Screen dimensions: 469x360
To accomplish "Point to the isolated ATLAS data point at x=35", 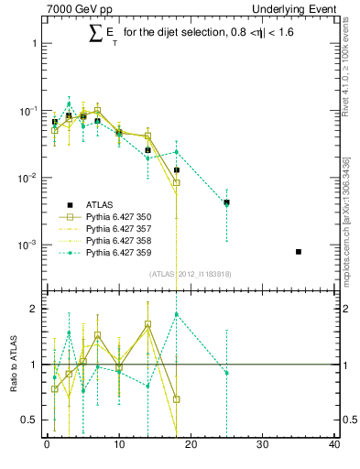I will tap(299, 251).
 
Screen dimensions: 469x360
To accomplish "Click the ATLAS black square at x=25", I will tap(226, 202).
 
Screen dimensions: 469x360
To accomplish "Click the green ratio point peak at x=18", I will tap(176, 314).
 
